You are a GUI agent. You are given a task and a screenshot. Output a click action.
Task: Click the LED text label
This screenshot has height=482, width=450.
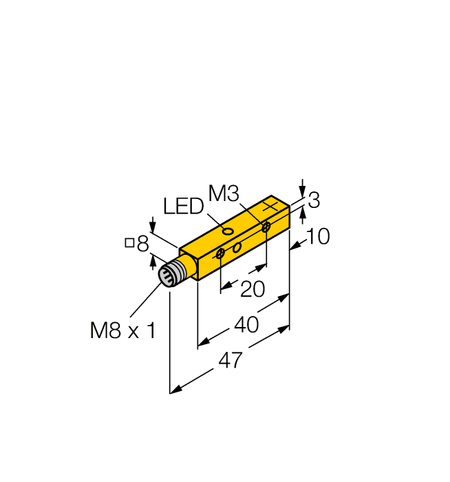pyautogui.click(x=183, y=207)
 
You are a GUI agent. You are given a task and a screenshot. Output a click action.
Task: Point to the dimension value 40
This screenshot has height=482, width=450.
pyautogui.click(x=246, y=324)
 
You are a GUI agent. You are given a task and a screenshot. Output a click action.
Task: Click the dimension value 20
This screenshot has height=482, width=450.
pyautogui.click(x=253, y=289)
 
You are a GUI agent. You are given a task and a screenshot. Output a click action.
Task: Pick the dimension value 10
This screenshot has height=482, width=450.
pyautogui.click(x=317, y=237)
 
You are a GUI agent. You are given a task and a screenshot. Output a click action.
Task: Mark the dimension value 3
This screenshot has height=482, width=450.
pyautogui.click(x=314, y=201)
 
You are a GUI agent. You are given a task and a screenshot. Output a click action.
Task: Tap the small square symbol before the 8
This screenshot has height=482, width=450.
pyautogui.click(x=129, y=242)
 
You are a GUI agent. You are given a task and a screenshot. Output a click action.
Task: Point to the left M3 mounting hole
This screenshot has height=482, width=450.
pyautogui.click(x=220, y=255)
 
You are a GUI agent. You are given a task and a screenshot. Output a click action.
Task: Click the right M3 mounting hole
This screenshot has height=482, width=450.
pyautogui.click(x=266, y=227)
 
